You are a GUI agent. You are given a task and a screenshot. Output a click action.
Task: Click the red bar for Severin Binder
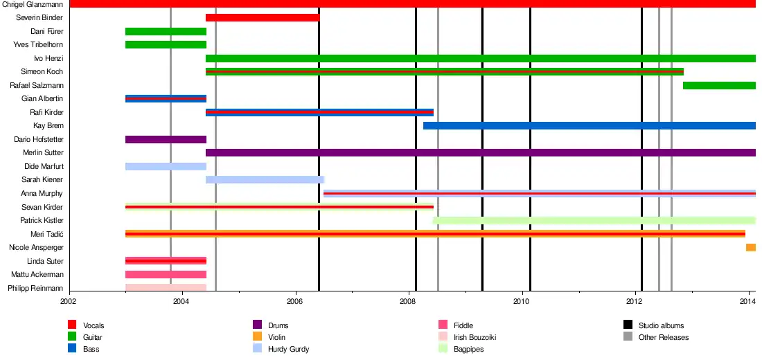click(x=263, y=17)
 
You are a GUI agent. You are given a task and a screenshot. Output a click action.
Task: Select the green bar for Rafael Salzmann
click(x=719, y=85)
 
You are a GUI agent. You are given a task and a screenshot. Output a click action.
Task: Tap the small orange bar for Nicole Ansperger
click(x=750, y=248)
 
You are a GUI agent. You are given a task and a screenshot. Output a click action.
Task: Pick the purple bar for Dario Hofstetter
click(x=166, y=139)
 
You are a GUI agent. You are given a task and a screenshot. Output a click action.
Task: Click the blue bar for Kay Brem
click(x=589, y=125)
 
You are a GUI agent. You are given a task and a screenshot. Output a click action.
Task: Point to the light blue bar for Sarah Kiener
click(x=265, y=180)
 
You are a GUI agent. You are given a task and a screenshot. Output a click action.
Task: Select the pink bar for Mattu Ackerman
click(x=166, y=275)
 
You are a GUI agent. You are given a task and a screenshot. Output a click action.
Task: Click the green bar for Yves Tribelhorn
click(x=166, y=45)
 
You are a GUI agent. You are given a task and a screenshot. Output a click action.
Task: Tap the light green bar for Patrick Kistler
click(x=594, y=221)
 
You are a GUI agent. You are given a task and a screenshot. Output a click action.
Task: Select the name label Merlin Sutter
click(x=44, y=153)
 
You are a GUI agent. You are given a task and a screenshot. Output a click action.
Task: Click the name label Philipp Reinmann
click(x=35, y=288)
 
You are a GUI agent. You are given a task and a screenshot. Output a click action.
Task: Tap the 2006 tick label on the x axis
click(x=295, y=301)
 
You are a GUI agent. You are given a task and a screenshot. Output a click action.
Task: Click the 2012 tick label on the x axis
click(x=635, y=301)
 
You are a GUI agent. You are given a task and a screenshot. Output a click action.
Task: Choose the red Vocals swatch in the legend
click(x=72, y=325)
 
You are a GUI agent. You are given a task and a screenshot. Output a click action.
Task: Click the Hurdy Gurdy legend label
click(x=288, y=349)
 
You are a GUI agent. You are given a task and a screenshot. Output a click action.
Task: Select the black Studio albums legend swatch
click(x=628, y=325)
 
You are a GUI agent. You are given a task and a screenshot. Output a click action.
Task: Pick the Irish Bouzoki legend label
click(x=475, y=337)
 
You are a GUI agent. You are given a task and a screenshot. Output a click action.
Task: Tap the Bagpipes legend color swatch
click(x=443, y=349)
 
